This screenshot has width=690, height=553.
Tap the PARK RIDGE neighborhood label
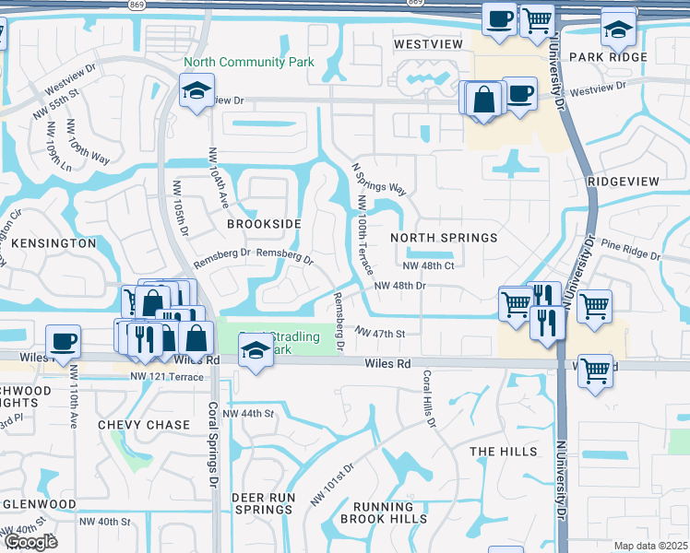point(608,57)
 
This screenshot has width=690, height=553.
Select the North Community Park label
point(248,63)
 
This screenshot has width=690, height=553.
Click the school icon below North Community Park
point(196,92)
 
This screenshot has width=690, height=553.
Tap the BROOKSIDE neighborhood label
point(264,224)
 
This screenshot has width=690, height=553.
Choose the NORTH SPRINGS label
point(444,238)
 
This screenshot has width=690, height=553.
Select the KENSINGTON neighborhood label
point(54,243)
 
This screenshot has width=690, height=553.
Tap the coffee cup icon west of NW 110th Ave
point(64,341)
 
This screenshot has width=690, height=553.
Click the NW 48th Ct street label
point(429,265)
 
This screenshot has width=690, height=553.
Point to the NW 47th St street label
point(380,332)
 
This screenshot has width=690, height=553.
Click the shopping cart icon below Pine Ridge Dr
point(595,304)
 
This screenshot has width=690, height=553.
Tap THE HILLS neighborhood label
point(503,452)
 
